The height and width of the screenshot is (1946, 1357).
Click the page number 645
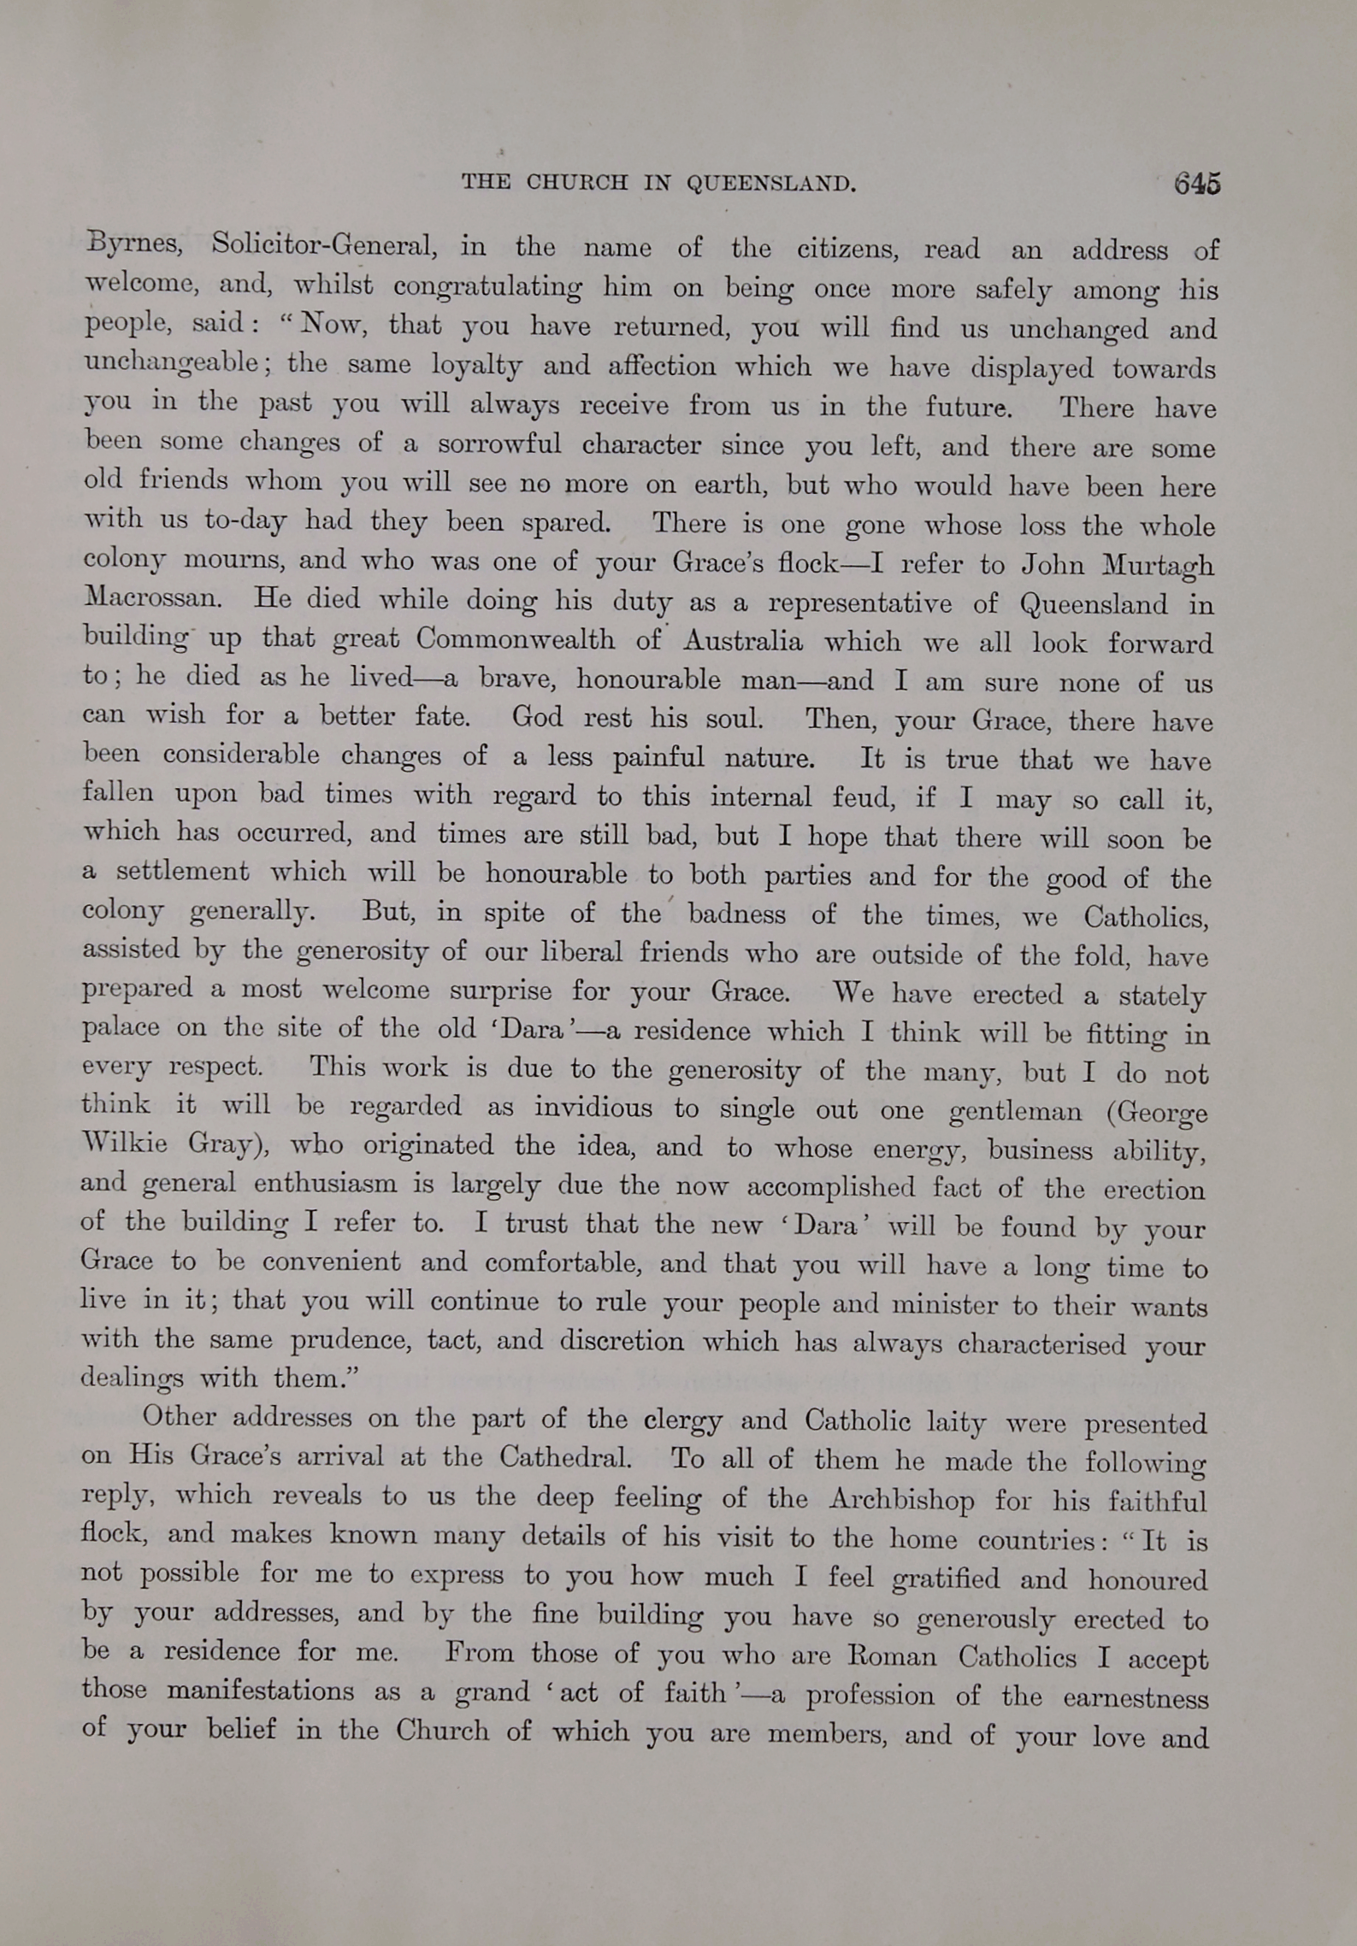pyautogui.click(x=1196, y=183)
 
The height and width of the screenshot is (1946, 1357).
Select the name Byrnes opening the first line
pyautogui.click(x=133, y=245)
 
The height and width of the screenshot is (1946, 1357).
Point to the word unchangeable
pyautogui.click(x=171, y=363)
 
